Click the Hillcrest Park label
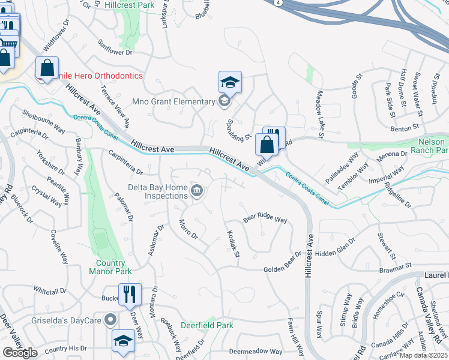coord(130,4)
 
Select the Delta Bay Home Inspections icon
coord(197,191)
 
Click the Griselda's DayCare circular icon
coord(110,320)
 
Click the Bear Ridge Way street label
coord(265,218)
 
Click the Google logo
coord(20,353)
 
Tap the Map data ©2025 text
coord(423,355)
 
